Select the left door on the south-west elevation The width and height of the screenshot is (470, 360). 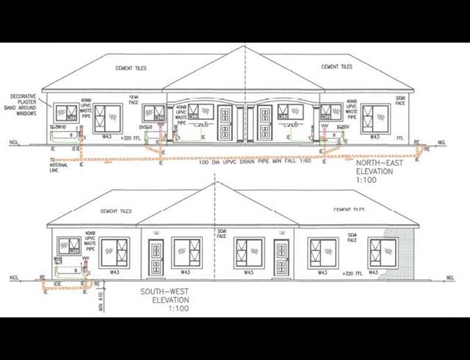pos(155,257)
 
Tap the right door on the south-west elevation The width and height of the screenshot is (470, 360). pos(282,257)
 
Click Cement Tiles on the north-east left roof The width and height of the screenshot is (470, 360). pos(131,68)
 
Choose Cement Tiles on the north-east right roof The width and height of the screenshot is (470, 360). pos(337,67)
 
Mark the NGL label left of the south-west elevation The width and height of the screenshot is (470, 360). pos(14,278)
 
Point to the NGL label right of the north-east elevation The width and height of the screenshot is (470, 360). pos(441,142)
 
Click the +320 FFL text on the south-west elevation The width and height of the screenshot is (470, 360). pos(354,273)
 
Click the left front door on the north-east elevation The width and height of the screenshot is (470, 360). pos(225,123)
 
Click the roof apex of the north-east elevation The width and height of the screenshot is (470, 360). pos(244,48)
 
